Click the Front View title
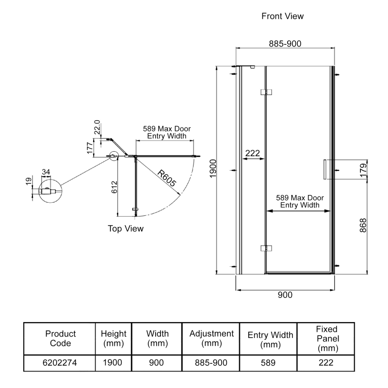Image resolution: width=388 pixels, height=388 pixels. click(282, 16)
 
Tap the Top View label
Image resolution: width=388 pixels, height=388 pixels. click(126, 228)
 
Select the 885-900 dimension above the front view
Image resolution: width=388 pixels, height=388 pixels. click(285, 44)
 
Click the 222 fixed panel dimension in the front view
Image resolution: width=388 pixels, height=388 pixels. click(253, 153)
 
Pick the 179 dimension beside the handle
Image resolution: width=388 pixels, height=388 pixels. click(363, 171)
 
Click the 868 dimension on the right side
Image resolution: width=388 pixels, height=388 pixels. click(363, 225)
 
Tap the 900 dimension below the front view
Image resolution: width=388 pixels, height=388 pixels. click(285, 295)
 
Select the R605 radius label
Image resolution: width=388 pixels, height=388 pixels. click(166, 178)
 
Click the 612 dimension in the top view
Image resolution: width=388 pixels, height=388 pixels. click(113, 187)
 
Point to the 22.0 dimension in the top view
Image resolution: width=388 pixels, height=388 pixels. click(97, 128)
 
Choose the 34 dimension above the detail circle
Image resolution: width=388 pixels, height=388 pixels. click(46, 172)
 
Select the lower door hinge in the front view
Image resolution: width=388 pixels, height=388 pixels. click(266, 248)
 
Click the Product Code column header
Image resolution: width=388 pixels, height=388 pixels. click(61, 339)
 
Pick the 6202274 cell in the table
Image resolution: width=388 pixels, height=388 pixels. click(61, 362)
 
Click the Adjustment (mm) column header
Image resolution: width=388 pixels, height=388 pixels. click(211, 339)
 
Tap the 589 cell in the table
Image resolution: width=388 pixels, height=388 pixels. click(270, 362)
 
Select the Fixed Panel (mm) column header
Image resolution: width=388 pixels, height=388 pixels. click(326, 339)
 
